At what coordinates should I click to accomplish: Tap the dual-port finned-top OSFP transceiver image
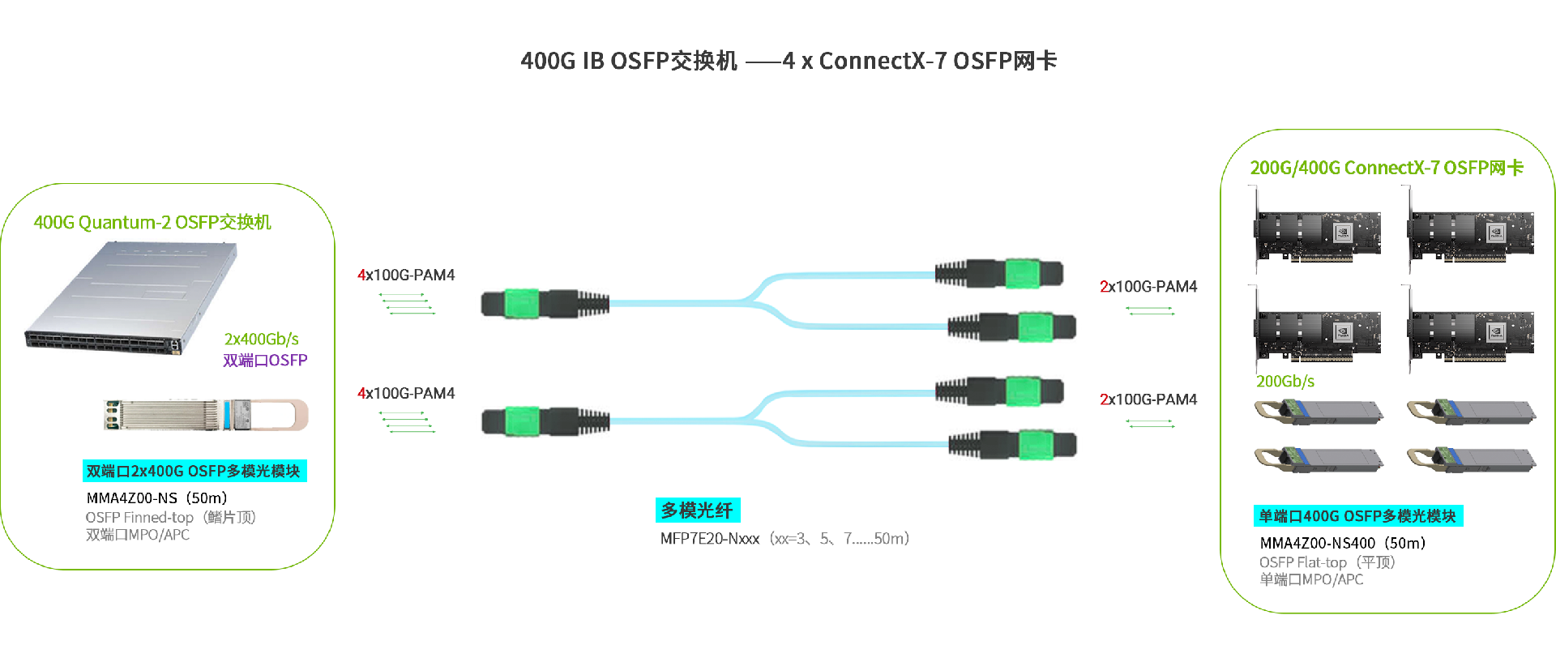click(x=206, y=414)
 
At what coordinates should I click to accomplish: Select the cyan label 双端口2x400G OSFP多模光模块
click(x=194, y=471)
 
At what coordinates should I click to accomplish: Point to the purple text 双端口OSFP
click(x=265, y=360)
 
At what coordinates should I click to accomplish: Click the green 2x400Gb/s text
click(x=261, y=339)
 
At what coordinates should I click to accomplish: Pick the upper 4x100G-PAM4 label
click(x=406, y=275)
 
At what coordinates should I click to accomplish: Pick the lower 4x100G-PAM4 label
click(x=406, y=393)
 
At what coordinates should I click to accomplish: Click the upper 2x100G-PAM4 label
click(x=1148, y=286)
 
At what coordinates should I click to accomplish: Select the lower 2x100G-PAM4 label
click(x=1148, y=399)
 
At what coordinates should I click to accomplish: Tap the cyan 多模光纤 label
click(x=697, y=510)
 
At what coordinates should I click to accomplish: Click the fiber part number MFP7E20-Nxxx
click(x=709, y=539)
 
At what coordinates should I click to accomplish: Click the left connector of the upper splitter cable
click(x=543, y=303)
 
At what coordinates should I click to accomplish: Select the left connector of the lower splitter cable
click(x=543, y=421)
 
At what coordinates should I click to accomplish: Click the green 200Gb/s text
click(x=1285, y=381)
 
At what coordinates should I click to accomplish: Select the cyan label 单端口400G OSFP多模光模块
click(x=1357, y=516)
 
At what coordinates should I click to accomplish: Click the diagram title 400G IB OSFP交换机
click(x=629, y=61)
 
